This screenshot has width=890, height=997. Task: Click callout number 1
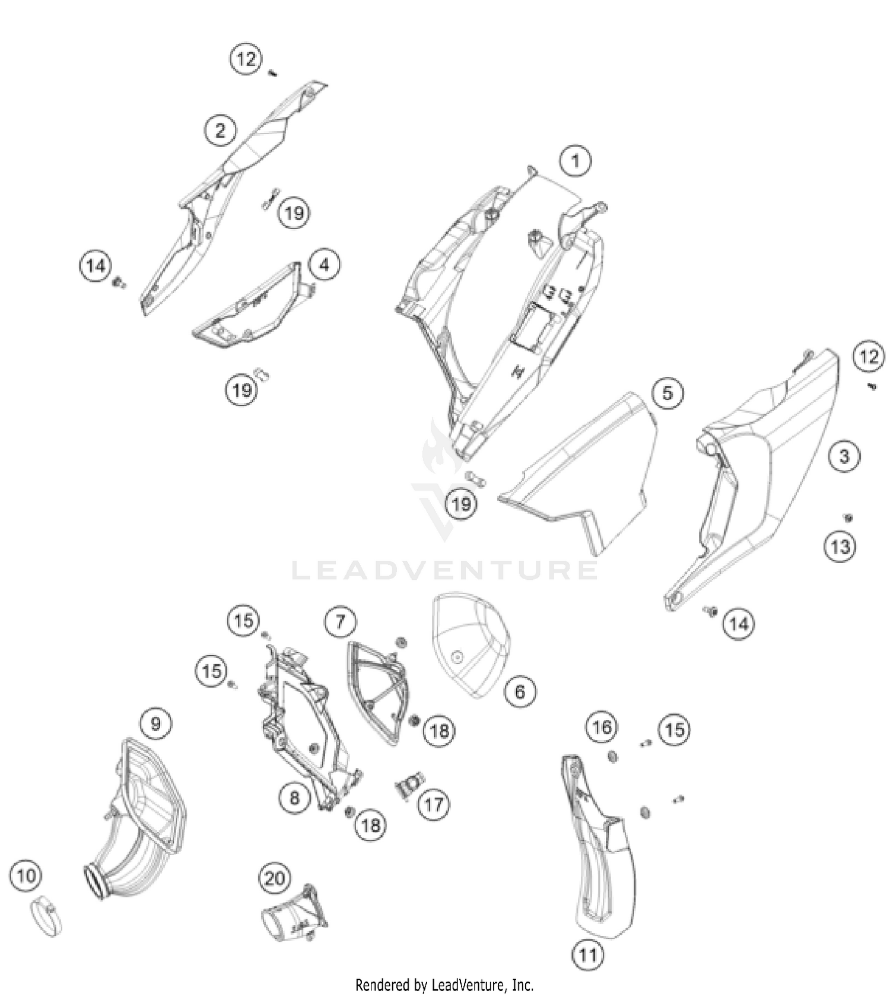575,160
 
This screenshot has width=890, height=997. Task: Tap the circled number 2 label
221,130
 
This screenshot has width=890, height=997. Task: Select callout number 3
844,456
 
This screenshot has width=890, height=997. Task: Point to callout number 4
324,265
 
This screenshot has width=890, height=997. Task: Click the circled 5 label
667,393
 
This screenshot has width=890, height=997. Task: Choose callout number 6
520,691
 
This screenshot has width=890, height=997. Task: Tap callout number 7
340,621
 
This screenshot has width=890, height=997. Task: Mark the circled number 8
295,797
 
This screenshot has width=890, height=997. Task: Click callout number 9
155,723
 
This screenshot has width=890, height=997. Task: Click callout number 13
840,546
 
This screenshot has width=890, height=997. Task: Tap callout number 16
602,727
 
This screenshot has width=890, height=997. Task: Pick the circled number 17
434,805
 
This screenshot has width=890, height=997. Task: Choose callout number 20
275,878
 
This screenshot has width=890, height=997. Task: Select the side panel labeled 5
578,469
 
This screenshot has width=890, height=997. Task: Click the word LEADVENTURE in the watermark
445,570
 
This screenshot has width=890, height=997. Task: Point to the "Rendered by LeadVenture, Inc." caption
444,985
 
